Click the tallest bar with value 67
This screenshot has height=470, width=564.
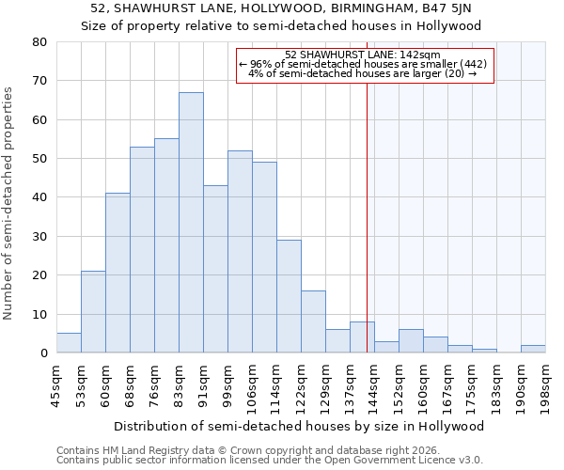pyautogui.click(x=191, y=223)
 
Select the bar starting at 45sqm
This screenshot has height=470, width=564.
pyautogui.click(x=69, y=343)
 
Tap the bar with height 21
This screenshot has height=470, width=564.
pyautogui.click(x=93, y=312)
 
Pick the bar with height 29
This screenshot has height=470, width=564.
pyautogui.click(x=289, y=296)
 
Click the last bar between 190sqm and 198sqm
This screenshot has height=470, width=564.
pyautogui.click(x=533, y=349)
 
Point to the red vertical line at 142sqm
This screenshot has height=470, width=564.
pyautogui.click(x=367, y=216)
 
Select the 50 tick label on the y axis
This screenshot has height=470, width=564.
pyautogui.click(x=39, y=159)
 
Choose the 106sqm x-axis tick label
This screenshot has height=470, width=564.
pyautogui.click(x=253, y=385)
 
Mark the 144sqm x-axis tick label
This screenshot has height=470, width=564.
pyautogui.click(x=375, y=385)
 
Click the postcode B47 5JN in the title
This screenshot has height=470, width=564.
pyautogui.click(x=467, y=9)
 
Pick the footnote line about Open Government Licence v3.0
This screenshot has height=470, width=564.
pyautogui.click(x=270, y=461)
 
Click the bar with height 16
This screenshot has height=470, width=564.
pyautogui.click(x=313, y=321)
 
